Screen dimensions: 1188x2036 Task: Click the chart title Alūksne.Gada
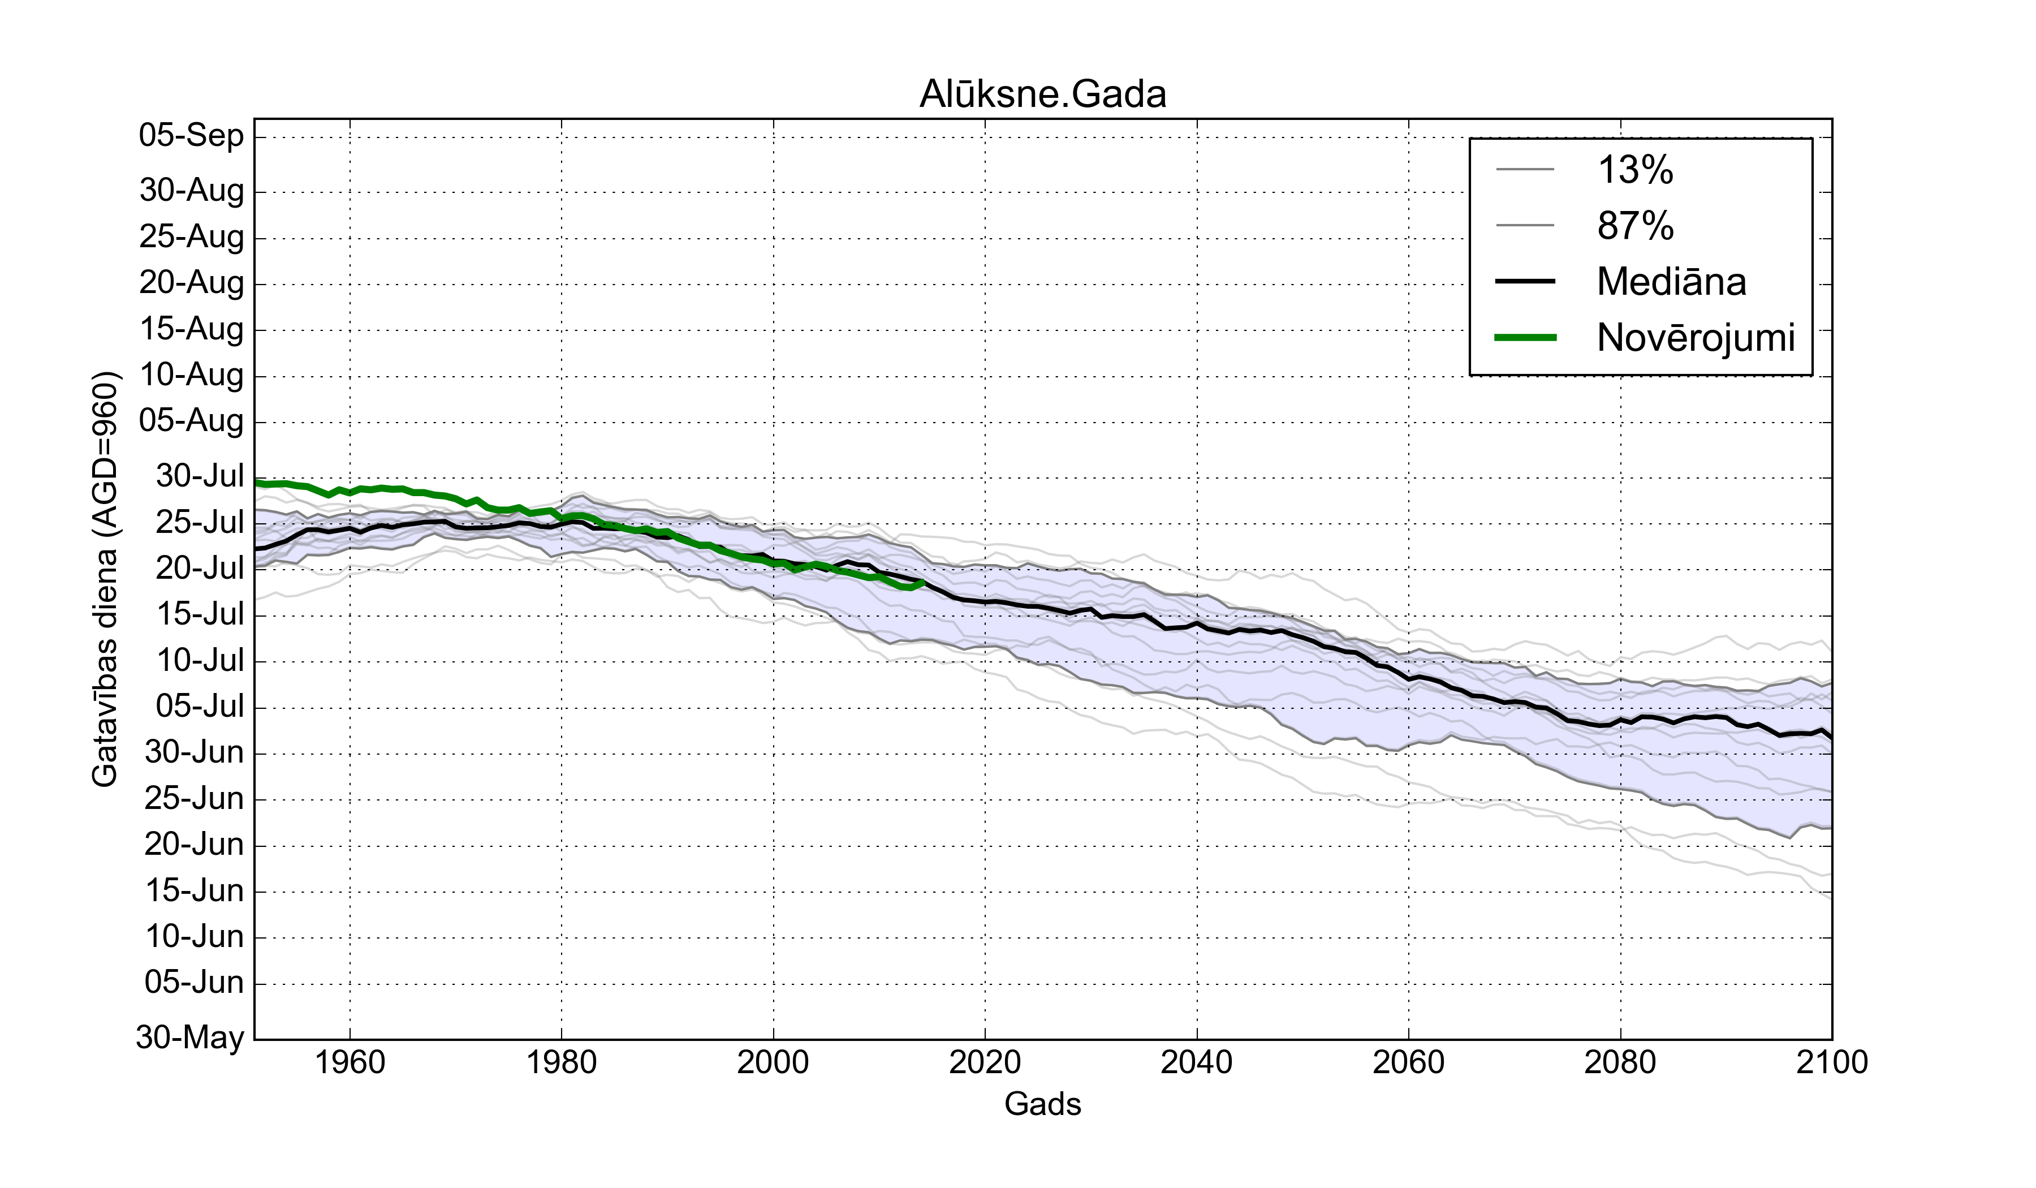coord(1042,94)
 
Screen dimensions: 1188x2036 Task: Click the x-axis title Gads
coord(1042,1103)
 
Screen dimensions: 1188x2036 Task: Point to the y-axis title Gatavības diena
coord(105,579)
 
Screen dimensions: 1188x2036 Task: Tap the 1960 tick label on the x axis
coord(350,1062)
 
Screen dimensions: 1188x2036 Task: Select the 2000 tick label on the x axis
coord(773,1062)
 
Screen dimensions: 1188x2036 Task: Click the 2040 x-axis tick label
coord(1197,1062)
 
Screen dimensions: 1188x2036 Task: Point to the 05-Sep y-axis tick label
coord(192,135)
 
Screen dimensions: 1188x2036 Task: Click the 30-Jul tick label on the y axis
coord(200,476)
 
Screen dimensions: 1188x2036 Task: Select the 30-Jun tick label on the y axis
coord(194,752)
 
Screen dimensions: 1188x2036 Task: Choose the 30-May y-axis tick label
coord(190,1037)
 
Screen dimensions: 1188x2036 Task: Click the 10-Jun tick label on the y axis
coord(194,937)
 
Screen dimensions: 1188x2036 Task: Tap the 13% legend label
coord(1635,170)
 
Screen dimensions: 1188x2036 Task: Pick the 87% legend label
coord(1635,226)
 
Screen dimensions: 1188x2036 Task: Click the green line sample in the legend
coord(1525,338)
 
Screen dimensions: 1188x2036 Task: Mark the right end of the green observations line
coord(922,582)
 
